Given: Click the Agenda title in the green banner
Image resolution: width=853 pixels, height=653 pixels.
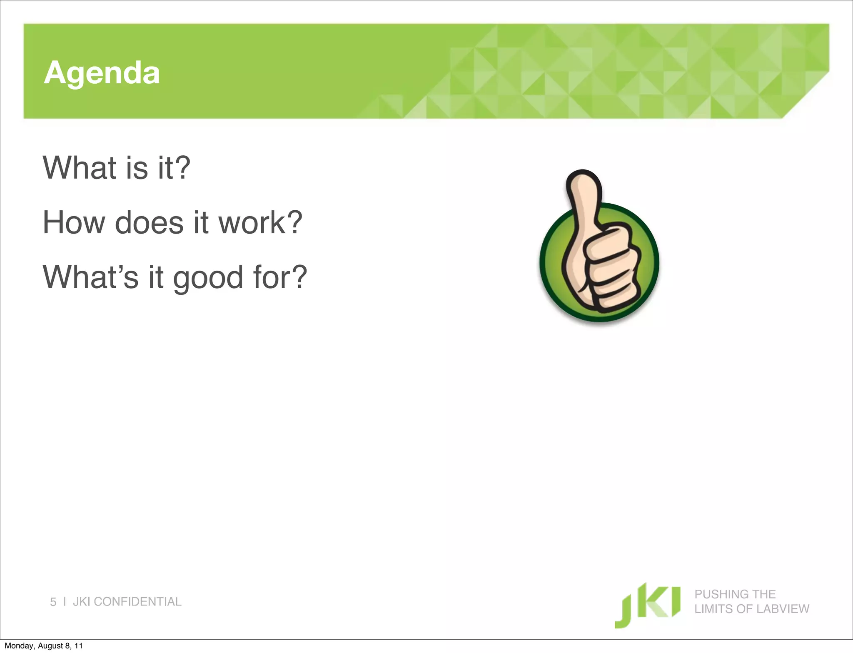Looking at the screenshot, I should [x=102, y=73].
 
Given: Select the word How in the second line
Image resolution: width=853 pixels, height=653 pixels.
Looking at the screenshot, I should [x=74, y=223].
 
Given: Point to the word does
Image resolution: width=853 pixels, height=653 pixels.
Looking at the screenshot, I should [x=149, y=223].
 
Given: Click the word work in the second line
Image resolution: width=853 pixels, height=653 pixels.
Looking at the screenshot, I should [x=252, y=223].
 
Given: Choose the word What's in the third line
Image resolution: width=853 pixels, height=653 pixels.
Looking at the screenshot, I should [x=90, y=277].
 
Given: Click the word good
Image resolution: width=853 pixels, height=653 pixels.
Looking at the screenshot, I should [x=208, y=278].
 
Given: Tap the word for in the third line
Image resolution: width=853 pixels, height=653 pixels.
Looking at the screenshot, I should [x=271, y=277].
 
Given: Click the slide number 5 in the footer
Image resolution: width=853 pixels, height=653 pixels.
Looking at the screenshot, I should [x=53, y=602].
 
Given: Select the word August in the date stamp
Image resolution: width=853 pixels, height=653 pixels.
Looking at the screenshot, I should [x=51, y=646].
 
